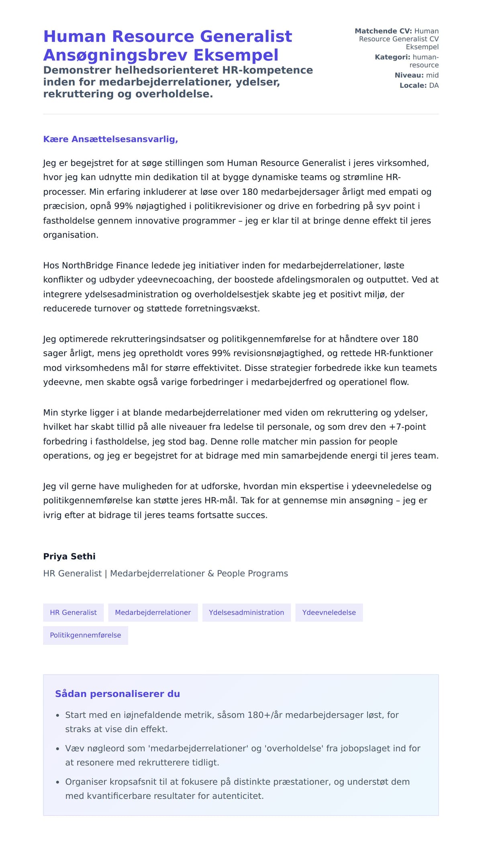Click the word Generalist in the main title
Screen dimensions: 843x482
(x=246, y=36)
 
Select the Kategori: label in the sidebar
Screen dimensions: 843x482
(x=392, y=57)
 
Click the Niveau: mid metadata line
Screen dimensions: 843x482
(x=417, y=75)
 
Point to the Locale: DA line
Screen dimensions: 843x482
(x=419, y=85)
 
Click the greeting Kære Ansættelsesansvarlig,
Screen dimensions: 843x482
(x=110, y=139)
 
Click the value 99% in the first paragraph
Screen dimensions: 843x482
(x=123, y=206)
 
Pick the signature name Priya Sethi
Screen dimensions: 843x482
(x=69, y=556)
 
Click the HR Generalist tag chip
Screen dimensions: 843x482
(x=73, y=612)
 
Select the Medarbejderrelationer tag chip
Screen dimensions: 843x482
(x=153, y=612)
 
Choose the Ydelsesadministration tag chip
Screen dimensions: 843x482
(x=246, y=612)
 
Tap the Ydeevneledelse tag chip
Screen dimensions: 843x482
(x=329, y=612)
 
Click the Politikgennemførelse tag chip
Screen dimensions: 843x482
(x=85, y=635)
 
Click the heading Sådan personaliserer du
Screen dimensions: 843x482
(x=117, y=694)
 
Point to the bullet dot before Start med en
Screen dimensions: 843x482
(x=57, y=715)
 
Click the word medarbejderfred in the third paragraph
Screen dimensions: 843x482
(x=287, y=382)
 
